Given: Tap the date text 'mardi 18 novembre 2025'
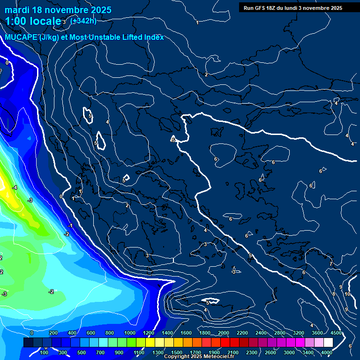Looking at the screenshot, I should (x=58, y=10).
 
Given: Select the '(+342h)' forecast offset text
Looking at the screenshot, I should (x=83, y=21).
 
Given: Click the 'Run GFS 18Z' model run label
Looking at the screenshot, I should (x=260, y=8).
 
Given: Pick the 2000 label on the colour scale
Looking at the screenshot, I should (x=224, y=333).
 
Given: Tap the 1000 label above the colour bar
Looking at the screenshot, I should (x=129, y=333).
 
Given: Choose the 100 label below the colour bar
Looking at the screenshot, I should (x=44, y=352).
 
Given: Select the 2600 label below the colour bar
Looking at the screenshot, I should (x=270, y=352).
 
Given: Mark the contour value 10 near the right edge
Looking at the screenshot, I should (x=347, y=294).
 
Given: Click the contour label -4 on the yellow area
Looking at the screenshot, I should (x=15, y=187).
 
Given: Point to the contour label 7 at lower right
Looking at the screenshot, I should (x=330, y=264).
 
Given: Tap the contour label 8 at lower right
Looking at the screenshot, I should (x=333, y=294).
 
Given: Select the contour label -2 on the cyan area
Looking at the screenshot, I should (x=51, y=292).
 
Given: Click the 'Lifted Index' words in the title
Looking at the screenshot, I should (x=140, y=37).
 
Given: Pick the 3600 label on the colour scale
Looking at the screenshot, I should (x=317, y=333).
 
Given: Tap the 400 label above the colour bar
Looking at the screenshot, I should (x=72, y=333).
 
